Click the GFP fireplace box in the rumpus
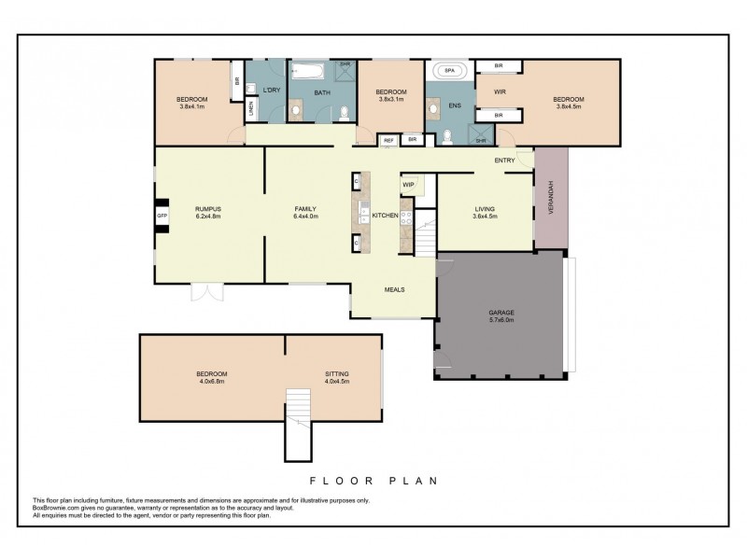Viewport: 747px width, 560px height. [162, 215]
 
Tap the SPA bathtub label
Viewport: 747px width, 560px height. [450, 70]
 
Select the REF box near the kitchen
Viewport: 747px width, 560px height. [388, 140]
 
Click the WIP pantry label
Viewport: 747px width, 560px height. [408, 184]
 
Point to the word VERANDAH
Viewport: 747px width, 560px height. [552, 197]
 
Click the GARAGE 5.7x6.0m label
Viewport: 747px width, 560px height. [501, 315]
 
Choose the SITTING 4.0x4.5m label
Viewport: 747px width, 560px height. [336, 377]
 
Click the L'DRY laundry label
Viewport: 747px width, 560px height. [272, 90]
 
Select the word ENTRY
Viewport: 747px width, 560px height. [505, 161]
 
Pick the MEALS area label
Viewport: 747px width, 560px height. [394, 289]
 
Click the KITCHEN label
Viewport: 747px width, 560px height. [386, 216]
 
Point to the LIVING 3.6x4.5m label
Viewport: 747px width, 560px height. [484, 212]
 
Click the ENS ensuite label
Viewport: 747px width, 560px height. [455, 105]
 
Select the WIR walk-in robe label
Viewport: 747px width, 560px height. [499, 91]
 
